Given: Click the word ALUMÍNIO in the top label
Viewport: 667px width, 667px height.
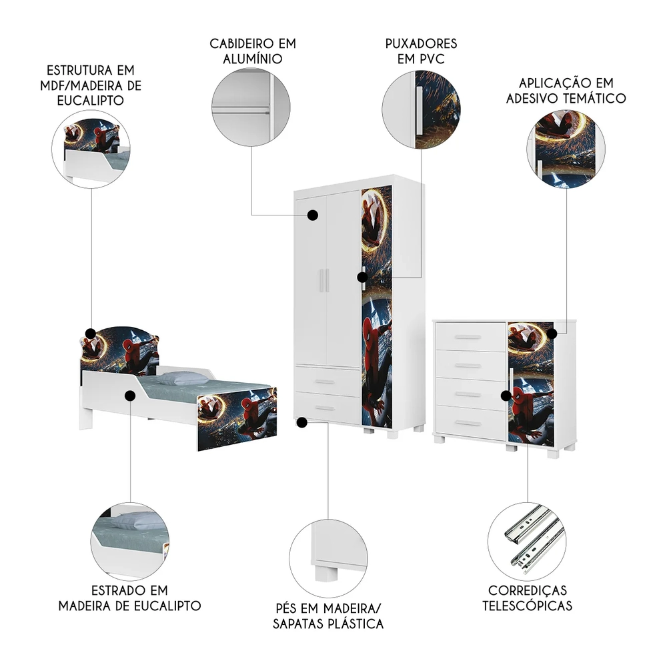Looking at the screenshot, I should click(252, 59).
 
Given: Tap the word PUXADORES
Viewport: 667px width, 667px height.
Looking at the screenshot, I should click(421, 43).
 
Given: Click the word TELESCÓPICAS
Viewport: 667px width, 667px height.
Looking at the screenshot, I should click(528, 606).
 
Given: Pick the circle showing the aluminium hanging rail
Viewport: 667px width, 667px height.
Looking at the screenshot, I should click(251, 106).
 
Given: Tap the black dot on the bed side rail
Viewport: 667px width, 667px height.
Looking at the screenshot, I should click(130, 396).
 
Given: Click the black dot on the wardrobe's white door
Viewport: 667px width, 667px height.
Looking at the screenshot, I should click(311, 215).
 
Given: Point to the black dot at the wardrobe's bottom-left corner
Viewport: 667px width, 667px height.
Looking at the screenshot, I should click(302, 422).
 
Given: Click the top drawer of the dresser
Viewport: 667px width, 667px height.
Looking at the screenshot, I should click(470, 338).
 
